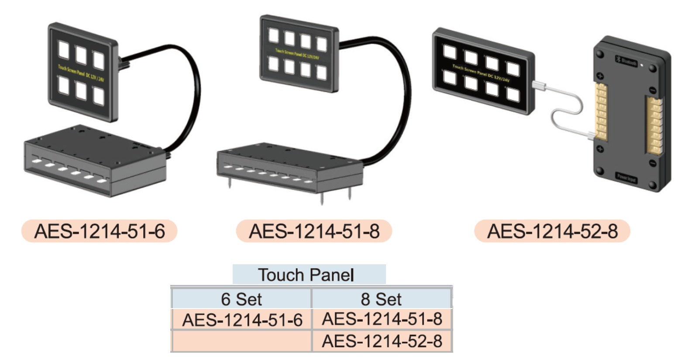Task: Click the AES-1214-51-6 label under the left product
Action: coord(100,231)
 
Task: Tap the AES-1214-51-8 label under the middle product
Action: coord(314,231)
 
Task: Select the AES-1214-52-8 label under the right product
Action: coord(552,231)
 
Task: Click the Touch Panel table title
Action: coord(308,275)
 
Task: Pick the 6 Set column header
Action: coord(241,299)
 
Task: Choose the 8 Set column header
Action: coord(381,299)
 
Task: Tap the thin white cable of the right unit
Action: coord(568,109)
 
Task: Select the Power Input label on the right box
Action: coord(627,177)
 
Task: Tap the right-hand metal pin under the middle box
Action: coord(349,192)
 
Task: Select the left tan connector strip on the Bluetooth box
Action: coord(601,111)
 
